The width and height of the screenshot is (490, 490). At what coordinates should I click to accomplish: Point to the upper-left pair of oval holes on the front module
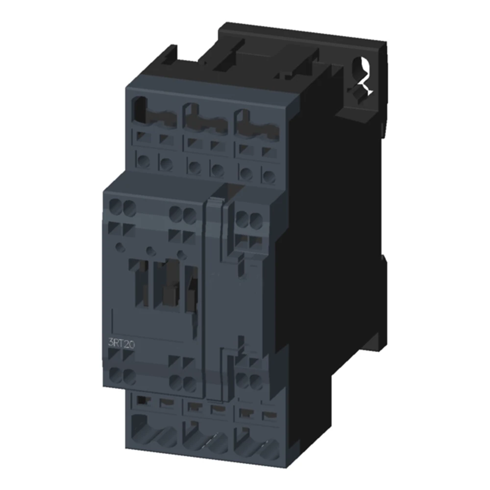(122, 206)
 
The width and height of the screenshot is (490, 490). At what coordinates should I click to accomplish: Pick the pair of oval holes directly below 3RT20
(122, 376)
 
